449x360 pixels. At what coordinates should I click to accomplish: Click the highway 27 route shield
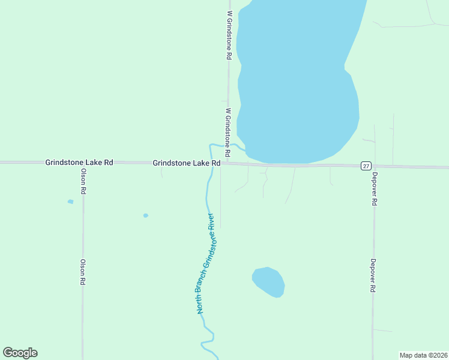tap(365, 166)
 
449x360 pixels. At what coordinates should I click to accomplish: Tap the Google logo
tap(20, 353)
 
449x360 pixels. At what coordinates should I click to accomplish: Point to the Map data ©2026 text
tap(423, 355)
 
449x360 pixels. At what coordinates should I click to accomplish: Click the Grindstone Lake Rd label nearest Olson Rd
tap(79, 163)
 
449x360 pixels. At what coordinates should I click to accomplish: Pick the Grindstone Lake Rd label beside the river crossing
tap(187, 163)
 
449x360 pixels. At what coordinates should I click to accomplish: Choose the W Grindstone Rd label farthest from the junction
tap(229, 34)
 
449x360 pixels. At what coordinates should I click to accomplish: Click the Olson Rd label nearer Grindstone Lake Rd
tap(84, 181)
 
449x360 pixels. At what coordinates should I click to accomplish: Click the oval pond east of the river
tap(268, 281)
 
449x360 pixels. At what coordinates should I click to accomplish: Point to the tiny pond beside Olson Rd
tap(70, 202)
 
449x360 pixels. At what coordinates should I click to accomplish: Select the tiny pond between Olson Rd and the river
tap(145, 215)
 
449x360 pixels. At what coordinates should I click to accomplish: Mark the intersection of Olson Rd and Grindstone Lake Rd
tap(83, 163)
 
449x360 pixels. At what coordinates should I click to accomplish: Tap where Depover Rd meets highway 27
tap(374, 166)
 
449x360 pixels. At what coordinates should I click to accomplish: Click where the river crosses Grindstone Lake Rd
tap(211, 163)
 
